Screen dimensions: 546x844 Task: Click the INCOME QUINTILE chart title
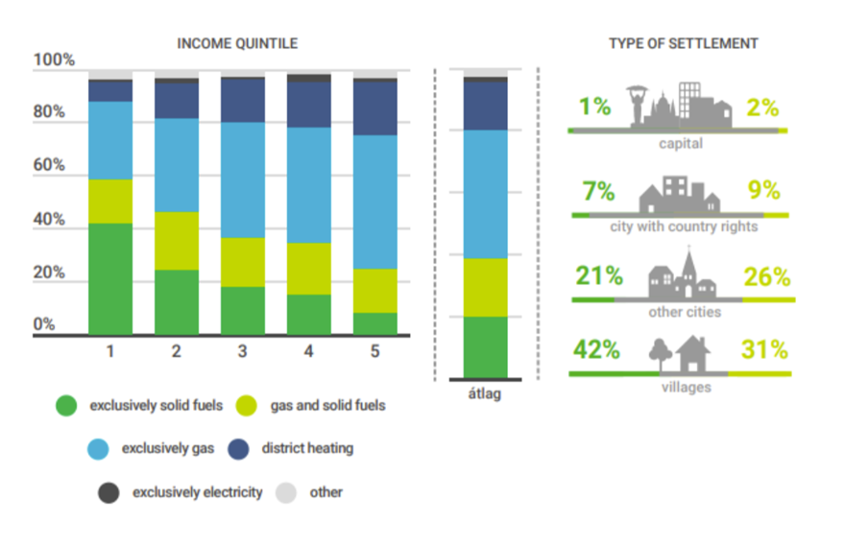tap(237, 43)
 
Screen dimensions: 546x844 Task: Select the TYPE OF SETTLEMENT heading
tap(683, 43)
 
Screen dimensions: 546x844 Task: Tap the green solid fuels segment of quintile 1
tap(110, 278)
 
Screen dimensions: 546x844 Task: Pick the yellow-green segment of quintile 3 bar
tap(242, 261)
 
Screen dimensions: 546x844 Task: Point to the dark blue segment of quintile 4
tap(308, 104)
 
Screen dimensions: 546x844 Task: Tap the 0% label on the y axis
tap(44, 324)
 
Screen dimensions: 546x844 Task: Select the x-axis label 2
tap(176, 351)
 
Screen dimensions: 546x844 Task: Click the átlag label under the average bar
tap(486, 394)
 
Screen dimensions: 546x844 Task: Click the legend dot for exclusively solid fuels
tap(66, 406)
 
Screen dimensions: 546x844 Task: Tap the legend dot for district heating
tap(240, 448)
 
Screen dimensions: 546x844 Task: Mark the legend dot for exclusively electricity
tap(109, 492)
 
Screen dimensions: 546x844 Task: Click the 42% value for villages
tap(596, 350)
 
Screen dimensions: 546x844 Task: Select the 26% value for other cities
tap(766, 277)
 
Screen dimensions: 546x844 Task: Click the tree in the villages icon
tap(660, 354)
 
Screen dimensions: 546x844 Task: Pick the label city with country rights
tap(683, 226)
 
